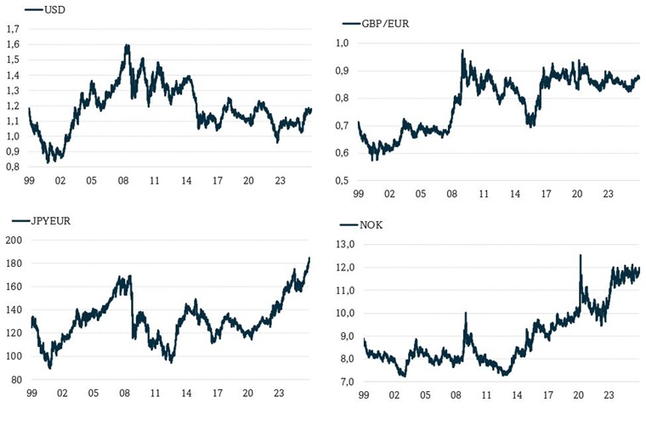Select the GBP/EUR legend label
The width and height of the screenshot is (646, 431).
tap(384, 24)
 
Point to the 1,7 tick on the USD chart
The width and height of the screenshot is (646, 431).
tap(13, 29)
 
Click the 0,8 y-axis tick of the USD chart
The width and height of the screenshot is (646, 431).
tap(13, 167)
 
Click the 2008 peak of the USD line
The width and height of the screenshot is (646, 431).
tap(127, 45)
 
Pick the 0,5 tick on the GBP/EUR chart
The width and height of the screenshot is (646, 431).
tap(342, 180)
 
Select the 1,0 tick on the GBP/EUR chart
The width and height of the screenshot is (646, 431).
tap(342, 43)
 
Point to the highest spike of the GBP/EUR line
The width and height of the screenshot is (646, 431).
tap(462, 50)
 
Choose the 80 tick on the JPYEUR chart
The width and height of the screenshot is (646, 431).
tap(16, 379)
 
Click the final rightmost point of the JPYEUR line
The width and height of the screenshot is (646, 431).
tap(309, 258)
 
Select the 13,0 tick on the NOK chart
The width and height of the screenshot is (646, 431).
tap(346, 245)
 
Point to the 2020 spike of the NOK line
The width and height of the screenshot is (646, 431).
tap(581, 255)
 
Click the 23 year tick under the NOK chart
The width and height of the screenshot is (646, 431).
tap(609, 395)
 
